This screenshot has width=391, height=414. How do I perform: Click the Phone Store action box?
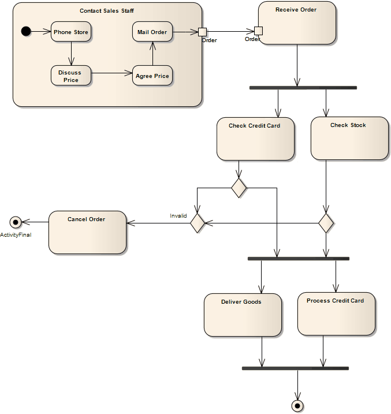tap(71, 32)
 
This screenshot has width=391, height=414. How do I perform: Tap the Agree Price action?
tap(152, 76)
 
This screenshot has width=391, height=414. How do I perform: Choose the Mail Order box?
tap(152, 32)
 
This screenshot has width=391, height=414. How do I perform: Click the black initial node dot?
tap(26, 31)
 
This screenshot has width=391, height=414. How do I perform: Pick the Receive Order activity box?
tap(297, 23)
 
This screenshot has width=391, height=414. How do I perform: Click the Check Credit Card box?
tap(255, 139)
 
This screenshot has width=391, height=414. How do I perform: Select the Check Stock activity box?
tap(349, 139)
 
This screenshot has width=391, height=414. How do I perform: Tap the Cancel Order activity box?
tap(87, 232)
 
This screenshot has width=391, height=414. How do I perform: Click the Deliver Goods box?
tap(243, 315)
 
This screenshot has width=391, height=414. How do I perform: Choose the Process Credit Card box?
tap(336, 314)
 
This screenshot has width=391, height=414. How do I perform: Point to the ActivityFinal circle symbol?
tap(16, 222)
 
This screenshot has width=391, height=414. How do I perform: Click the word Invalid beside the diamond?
tap(178, 216)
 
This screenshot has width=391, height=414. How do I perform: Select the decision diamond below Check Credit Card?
tap(239, 188)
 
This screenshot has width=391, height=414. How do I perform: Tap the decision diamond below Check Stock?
tap(326, 222)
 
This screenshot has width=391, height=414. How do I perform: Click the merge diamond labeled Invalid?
tap(198, 222)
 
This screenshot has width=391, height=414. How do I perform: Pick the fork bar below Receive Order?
tap(303, 88)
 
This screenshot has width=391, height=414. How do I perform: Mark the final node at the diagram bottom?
tap(297, 406)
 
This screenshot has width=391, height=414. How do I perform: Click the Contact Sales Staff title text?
tap(107, 11)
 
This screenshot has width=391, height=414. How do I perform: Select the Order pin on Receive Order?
tap(258, 31)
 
